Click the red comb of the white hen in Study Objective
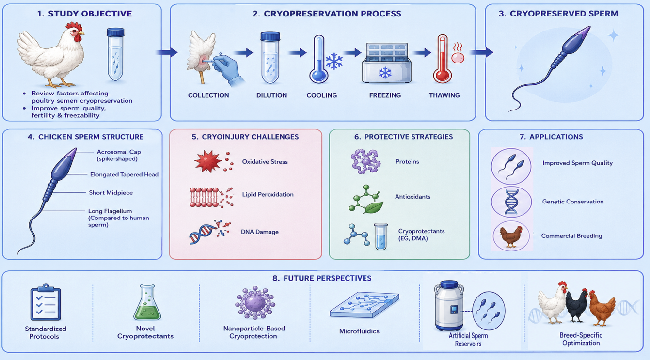coord(74,27)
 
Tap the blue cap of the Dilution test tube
coord(270,36)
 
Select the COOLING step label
coord(322,95)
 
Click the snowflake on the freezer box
coord(385,73)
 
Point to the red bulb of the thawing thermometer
coord(443,76)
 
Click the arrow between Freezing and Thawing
coord(422,52)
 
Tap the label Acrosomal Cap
coord(119,152)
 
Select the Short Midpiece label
coord(111,193)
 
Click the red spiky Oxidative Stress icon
coord(208,161)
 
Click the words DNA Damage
coord(260,232)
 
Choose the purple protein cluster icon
coord(365,161)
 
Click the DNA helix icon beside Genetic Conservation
coord(511,202)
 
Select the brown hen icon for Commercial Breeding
coord(511,236)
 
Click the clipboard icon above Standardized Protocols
coord(46,302)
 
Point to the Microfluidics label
coord(359,331)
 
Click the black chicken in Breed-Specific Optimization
coord(577,306)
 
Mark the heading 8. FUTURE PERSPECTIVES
coord(322,278)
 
